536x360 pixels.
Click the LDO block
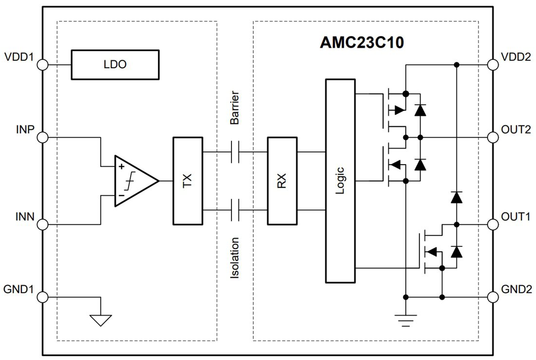pos(115,64)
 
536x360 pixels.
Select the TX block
pos(188,181)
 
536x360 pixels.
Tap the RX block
pos(282,181)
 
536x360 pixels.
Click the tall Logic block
pos(341,181)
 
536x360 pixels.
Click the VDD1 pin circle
pos(42,65)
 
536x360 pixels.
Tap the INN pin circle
pos(42,225)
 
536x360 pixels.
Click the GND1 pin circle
pos(42,297)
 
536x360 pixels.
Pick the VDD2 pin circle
pos(493,65)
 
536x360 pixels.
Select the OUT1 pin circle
pos(493,225)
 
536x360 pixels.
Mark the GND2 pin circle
pos(493,297)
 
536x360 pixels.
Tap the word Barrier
pos(235,107)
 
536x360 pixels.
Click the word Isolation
pos(235,258)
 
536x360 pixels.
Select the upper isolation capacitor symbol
pos(235,152)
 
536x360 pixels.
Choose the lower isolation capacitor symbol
pos(235,210)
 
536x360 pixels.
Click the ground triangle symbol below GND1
pos(100,320)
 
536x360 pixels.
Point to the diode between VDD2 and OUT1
pos(457,197)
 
